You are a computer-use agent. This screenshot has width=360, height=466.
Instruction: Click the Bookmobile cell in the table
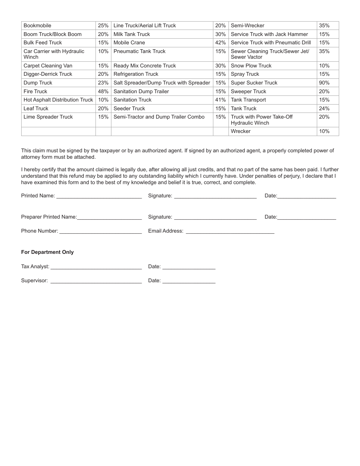(38, 26)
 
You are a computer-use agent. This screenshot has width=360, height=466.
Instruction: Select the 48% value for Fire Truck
(103, 91)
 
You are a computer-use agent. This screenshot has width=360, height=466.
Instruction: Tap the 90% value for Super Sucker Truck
(324, 83)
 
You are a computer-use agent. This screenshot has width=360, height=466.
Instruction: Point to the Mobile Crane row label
(129, 43)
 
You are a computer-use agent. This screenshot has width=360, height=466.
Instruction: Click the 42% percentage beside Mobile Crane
(220, 43)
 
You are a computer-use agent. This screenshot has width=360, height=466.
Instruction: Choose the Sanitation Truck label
(132, 100)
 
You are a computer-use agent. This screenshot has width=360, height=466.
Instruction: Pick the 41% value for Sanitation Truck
(220, 100)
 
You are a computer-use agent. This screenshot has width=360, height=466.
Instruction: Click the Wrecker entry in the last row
(241, 131)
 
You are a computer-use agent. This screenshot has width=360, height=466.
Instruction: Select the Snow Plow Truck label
(251, 66)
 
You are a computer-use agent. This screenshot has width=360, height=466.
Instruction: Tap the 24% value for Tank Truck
(324, 109)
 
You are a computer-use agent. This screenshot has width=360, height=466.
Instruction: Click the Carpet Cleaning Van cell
(48, 66)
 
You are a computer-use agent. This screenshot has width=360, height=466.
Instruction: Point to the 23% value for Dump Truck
(103, 83)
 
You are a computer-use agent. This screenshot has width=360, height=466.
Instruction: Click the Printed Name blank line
(99, 197)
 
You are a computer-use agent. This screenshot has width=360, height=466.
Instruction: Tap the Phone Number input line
(100, 231)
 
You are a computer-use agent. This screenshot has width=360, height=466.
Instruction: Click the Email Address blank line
(230, 231)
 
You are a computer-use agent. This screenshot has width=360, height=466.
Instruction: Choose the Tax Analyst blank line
(96, 267)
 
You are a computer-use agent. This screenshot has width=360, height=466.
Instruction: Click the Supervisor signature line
(96, 281)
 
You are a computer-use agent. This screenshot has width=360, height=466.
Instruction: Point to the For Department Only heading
(47, 252)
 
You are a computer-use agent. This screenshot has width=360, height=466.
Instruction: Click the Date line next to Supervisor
(189, 281)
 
